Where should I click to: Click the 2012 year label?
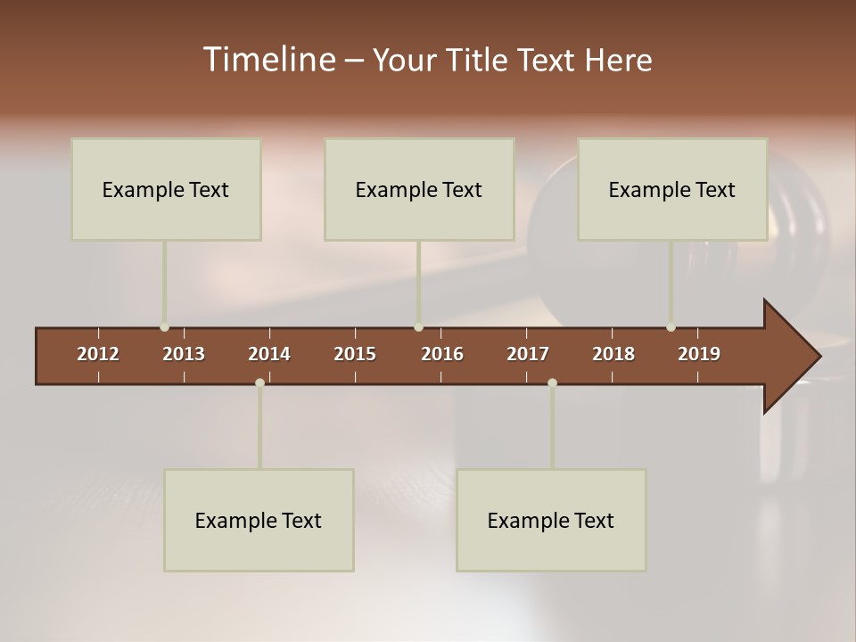coord(98,354)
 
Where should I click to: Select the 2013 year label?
coord(184,354)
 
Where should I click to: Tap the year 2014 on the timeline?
coord(269,354)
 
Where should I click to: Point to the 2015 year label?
coord(355,354)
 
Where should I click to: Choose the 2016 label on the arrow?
coord(442,354)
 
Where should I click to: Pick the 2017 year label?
coord(528,354)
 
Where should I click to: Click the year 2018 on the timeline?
coord(613,354)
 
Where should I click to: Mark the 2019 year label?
coord(699,354)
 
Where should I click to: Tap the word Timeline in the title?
coord(268,60)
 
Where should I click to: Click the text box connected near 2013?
coord(166,189)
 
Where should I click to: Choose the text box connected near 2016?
coord(419,189)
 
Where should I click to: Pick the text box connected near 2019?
coord(672,189)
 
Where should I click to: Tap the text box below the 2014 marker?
coord(259,520)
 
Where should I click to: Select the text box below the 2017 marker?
coord(551,520)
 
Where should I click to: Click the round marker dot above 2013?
coord(164,327)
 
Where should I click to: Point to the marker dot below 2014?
coord(259,383)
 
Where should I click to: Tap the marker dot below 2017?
coord(552,383)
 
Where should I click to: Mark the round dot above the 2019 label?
coord(671,327)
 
